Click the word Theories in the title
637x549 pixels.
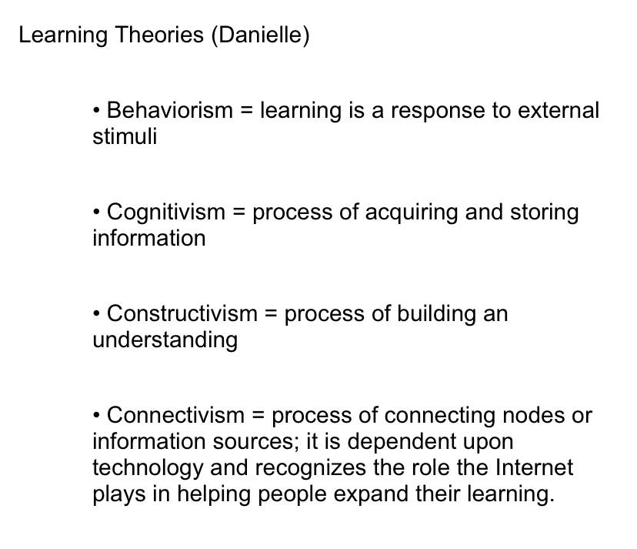tap(158, 35)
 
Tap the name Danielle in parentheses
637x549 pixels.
tap(260, 35)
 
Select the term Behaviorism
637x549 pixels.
tap(170, 110)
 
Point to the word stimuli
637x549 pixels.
tap(125, 136)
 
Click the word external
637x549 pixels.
tap(559, 110)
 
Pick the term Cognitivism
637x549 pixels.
tap(165, 212)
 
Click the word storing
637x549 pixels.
tap(545, 213)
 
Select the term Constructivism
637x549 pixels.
tap(182, 313)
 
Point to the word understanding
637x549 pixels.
tap(165, 340)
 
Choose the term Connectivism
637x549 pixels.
tap(175, 415)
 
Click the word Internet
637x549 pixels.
tap(534, 467)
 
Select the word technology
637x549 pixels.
tap(148, 468)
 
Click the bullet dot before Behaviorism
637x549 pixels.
tap(96, 111)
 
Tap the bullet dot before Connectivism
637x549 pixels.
tap(96, 416)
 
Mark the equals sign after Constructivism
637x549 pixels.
tap(271, 314)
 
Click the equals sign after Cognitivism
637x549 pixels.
tap(238, 213)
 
